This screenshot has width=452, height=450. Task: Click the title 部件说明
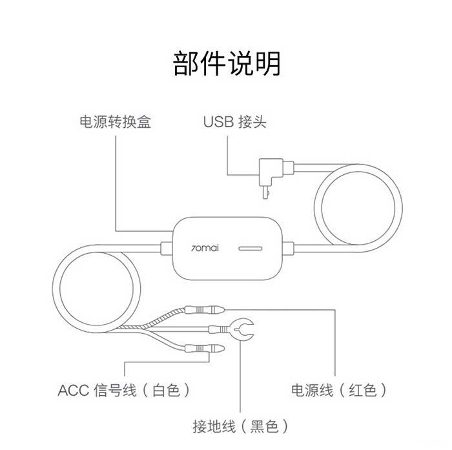coord(227,64)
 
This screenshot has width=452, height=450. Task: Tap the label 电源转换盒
coord(115,122)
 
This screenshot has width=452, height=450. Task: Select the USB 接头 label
coord(234,122)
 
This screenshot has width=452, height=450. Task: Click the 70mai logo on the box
coord(206,247)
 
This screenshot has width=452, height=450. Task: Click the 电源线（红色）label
coord(339,390)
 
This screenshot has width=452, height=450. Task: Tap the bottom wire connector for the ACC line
coord(203,349)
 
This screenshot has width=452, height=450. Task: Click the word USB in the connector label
coord(218,122)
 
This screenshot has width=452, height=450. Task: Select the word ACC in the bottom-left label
coord(72,390)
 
